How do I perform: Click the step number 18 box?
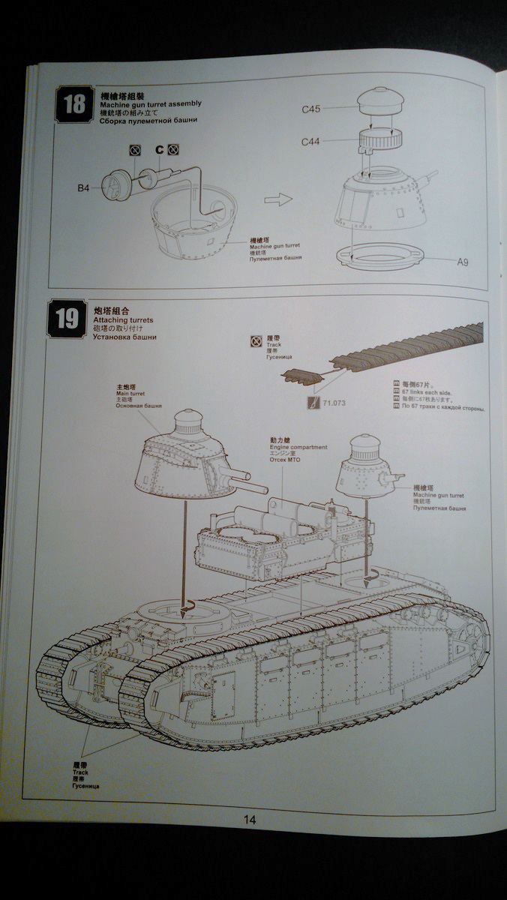pos(75,105)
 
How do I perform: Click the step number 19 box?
pos(67,319)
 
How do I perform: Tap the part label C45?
pos(311,109)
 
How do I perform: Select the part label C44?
pos(311,142)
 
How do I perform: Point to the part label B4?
pos(83,189)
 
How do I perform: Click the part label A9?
pos(463,262)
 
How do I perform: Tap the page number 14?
pos(250,820)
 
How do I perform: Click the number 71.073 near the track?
pos(335,403)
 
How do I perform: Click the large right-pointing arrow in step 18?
pos(278,200)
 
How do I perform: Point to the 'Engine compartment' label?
pos(298,447)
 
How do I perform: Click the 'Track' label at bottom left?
pos(81,772)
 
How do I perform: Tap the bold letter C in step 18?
pos(159,149)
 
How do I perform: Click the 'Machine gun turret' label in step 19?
pos(438,496)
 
